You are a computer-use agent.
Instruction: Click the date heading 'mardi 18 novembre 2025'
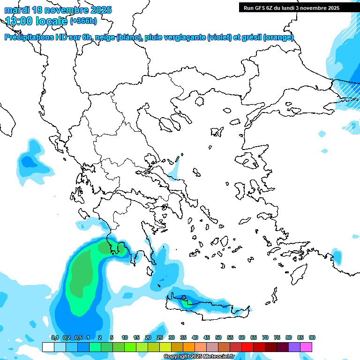tap(58, 10)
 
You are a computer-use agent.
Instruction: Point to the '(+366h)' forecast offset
tap(83, 21)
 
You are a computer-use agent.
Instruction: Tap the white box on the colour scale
tap(48, 347)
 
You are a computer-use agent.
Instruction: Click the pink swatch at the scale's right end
tap(306, 347)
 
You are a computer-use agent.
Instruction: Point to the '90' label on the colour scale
tap(312, 338)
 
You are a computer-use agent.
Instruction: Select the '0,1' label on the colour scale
tap(55, 338)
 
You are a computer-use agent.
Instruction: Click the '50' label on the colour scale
tap(218, 338)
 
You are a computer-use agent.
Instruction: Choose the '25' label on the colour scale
tap(160, 338)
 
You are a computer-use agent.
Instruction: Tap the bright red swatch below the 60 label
tap(247, 347)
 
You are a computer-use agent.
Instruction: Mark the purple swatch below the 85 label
tap(294, 347)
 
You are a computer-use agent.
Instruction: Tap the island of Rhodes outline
tap(299, 273)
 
